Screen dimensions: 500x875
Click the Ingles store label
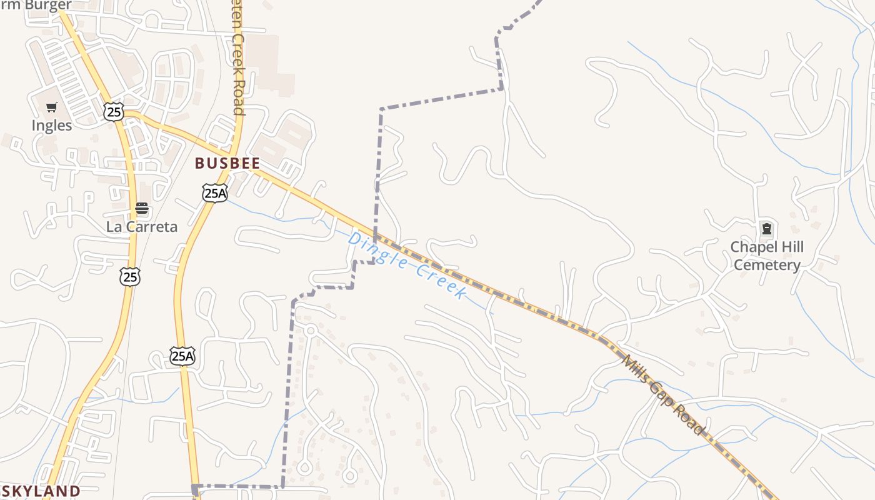click(x=52, y=126)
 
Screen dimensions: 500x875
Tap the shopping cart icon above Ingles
click(x=52, y=107)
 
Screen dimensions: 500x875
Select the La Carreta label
click(x=142, y=227)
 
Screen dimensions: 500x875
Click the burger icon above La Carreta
click(x=142, y=208)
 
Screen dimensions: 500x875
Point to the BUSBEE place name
click(x=227, y=163)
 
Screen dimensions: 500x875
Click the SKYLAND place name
click(x=41, y=491)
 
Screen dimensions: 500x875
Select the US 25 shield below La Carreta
click(x=130, y=277)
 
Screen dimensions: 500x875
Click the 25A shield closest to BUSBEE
click(x=214, y=193)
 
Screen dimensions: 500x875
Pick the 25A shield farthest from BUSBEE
click(x=182, y=356)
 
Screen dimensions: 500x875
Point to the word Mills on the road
click(x=637, y=369)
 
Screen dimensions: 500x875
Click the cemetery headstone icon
click(x=766, y=229)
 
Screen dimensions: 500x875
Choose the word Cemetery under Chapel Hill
click(x=767, y=265)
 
